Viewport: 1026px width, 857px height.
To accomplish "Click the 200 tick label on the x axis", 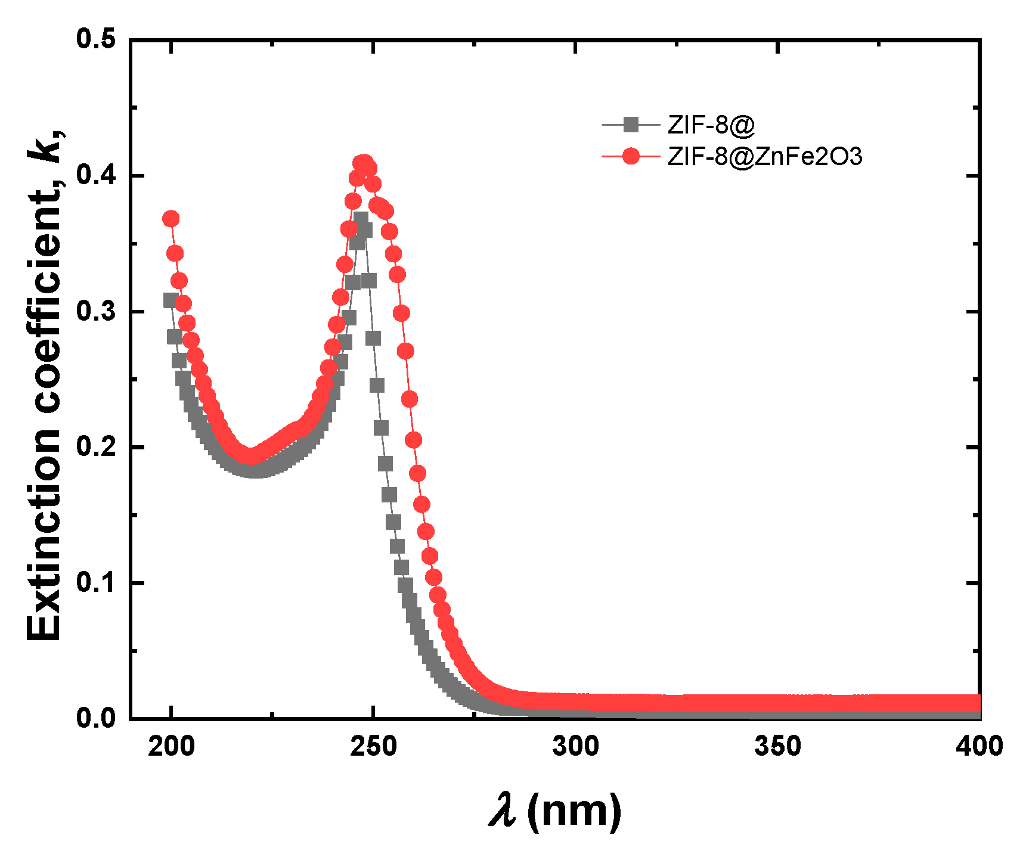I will [171, 747].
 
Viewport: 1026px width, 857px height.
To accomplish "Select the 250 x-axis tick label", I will [373, 747].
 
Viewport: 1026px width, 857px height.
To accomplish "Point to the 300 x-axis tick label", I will [575, 747].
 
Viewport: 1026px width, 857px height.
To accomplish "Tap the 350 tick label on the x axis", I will [777, 747].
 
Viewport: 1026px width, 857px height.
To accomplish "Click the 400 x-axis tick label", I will [979, 747].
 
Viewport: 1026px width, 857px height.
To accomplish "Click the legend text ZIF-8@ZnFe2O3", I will [765, 157].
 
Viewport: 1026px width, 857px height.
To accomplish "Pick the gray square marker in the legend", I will [631, 125].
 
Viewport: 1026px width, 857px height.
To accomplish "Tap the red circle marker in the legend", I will [631, 157].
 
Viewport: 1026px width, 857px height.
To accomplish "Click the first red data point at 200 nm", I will [171, 219].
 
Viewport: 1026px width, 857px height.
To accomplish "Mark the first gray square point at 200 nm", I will [171, 300].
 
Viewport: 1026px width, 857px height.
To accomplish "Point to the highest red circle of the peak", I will [364, 163].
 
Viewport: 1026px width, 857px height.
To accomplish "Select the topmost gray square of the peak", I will [361, 219].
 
